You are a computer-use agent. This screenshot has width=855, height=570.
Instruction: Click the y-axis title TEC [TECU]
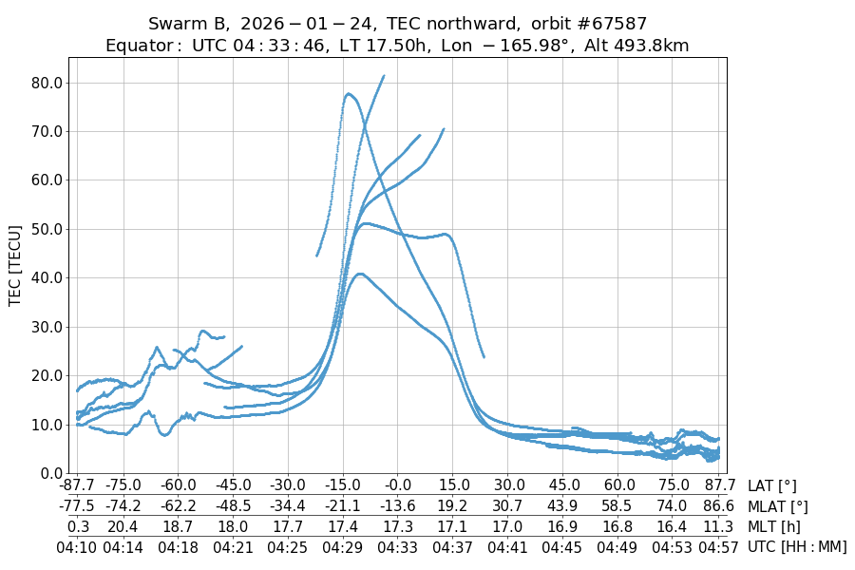click(14, 265)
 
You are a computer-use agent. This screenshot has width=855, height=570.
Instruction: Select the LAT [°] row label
click(772, 485)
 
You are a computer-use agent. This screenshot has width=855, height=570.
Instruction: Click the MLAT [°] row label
click(778, 506)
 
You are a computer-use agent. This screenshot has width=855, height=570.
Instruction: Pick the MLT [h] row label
click(774, 526)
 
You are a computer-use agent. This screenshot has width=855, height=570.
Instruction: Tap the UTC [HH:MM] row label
click(797, 547)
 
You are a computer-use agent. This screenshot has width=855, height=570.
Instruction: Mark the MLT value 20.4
click(123, 526)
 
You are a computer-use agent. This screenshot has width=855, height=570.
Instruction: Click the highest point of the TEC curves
click(383, 76)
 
